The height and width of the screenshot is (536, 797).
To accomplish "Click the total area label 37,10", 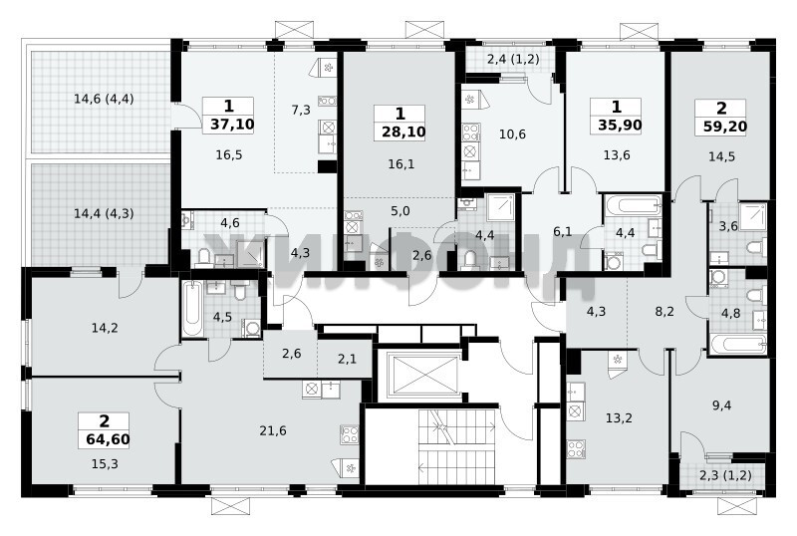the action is tap(229, 125).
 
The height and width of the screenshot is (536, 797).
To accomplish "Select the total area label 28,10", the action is tap(400, 133).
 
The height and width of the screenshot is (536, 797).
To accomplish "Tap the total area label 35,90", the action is tap(616, 126).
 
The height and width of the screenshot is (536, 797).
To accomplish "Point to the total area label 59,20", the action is tap(720, 126).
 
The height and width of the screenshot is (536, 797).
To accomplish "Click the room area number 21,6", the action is tap(273, 431).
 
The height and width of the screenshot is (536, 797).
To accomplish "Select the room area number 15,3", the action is tap(105, 464).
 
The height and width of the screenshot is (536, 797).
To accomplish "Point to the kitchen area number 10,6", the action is tap(512, 134).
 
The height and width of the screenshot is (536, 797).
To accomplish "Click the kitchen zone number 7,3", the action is tap(301, 110).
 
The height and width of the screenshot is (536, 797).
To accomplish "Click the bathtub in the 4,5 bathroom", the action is tap(192, 308).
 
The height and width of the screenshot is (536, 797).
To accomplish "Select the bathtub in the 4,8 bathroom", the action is tap(737, 345).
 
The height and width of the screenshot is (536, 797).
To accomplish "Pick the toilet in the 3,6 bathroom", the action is tap(756, 249).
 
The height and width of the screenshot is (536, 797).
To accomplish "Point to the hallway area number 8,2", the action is tap(664, 312).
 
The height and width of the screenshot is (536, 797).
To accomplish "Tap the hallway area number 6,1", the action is tap(563, 232).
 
